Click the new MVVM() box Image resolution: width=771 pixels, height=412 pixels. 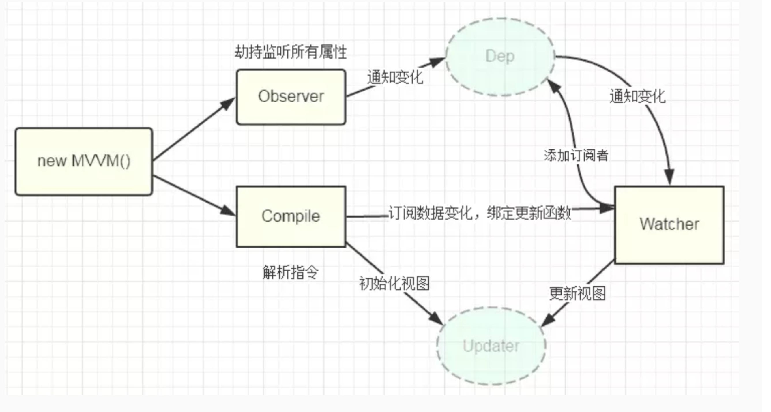tap(84, 162)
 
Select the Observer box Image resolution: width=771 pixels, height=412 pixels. tap(291, 97)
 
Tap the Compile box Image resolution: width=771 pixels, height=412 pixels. tap(291, 217)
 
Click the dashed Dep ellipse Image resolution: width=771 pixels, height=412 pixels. tap(500, 57)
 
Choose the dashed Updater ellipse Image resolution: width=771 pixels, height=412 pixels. tap(491, 346)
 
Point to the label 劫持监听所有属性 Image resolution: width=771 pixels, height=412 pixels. tap(290, 52)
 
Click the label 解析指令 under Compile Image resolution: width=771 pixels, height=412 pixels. tap(290, 272)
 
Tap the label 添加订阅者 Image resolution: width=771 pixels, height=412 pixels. tap(576, 156)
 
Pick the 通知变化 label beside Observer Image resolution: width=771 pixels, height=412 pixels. tap(395, 77)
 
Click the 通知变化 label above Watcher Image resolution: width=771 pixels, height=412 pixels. tap(637, 96)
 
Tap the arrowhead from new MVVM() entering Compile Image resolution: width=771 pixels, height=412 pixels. tap(228, 211)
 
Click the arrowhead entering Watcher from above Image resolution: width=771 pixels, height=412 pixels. tap(669, 177)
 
